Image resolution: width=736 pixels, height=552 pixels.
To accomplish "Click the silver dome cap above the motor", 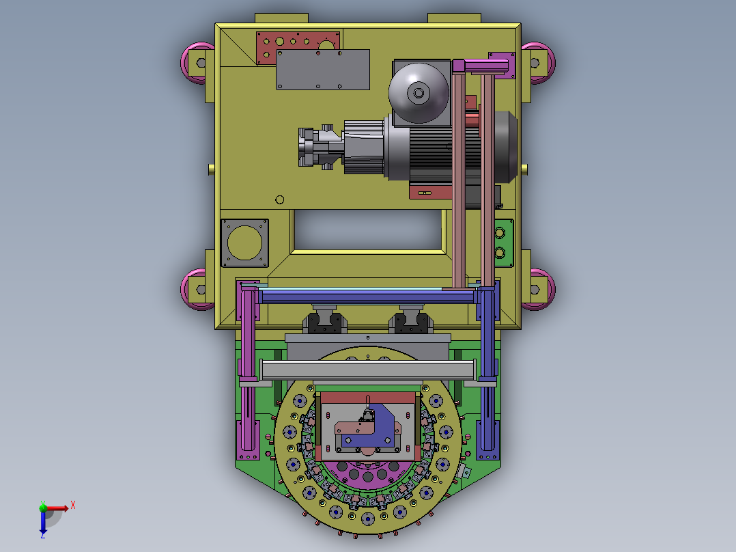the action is pos(419,93).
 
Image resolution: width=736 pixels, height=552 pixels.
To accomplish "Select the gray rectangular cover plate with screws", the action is pos(323,70).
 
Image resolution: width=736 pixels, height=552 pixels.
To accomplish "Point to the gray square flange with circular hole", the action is pos(244,243).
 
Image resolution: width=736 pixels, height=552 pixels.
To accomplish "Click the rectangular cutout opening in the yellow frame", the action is pos(367,230).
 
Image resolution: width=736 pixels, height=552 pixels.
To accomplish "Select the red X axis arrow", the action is pos(57,508).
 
